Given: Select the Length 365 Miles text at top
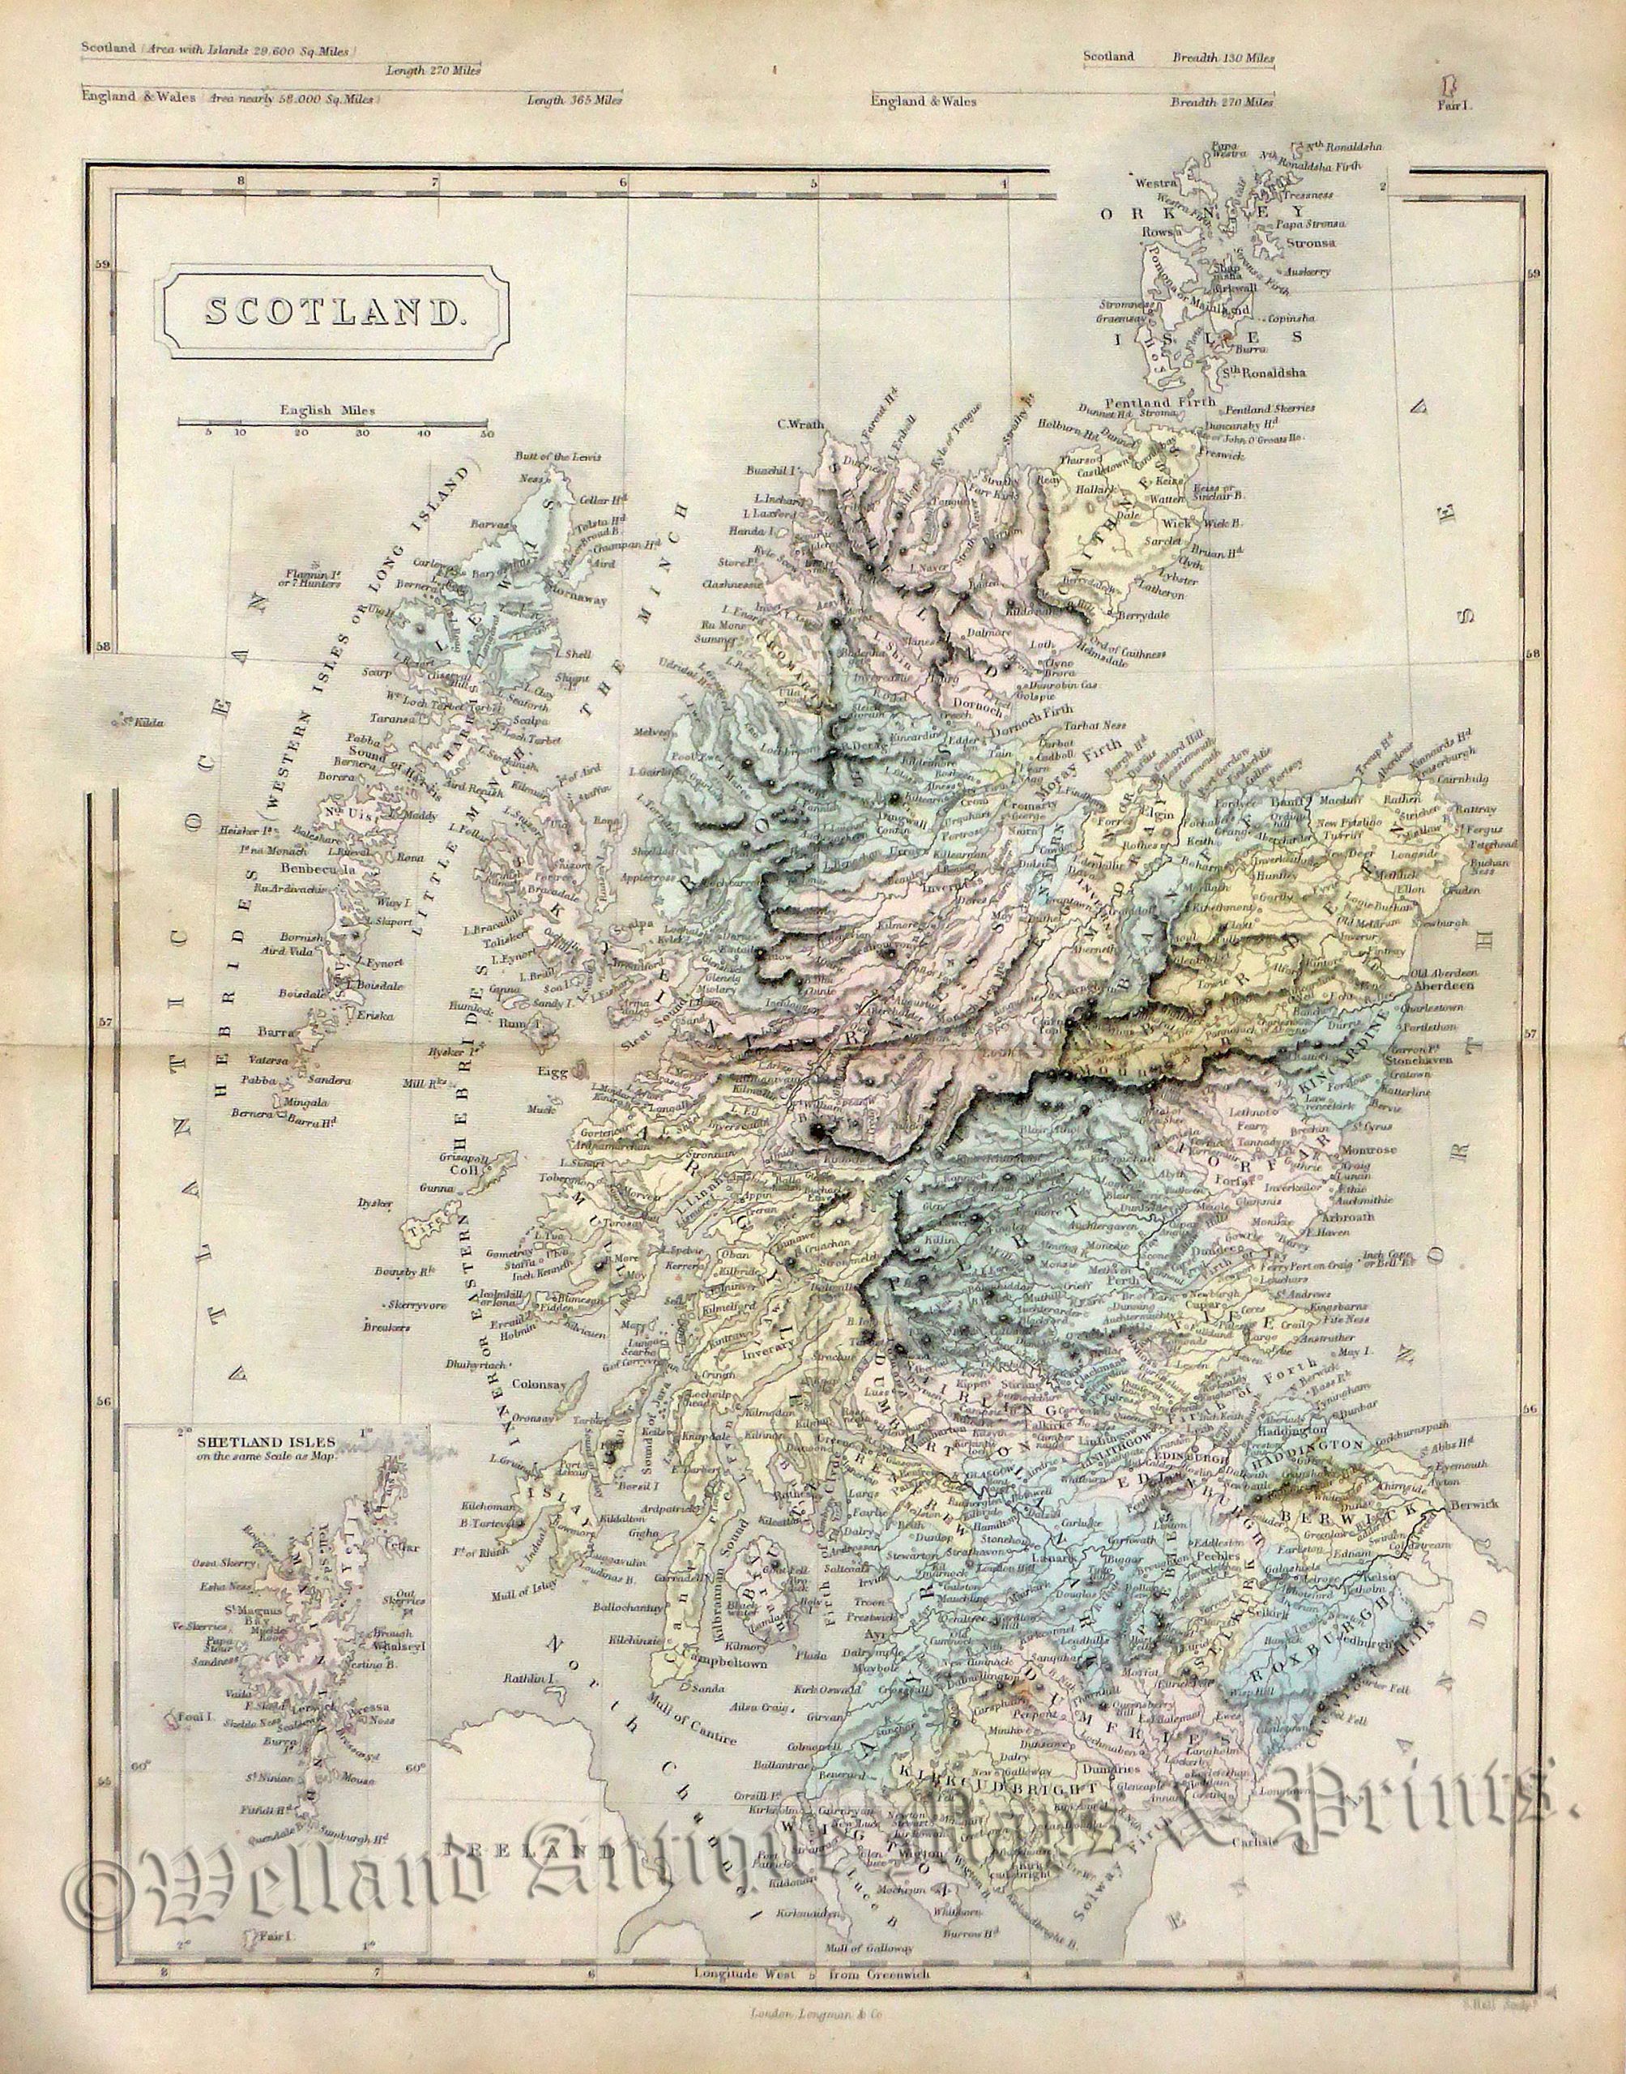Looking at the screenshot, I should (x=576, y=99).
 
